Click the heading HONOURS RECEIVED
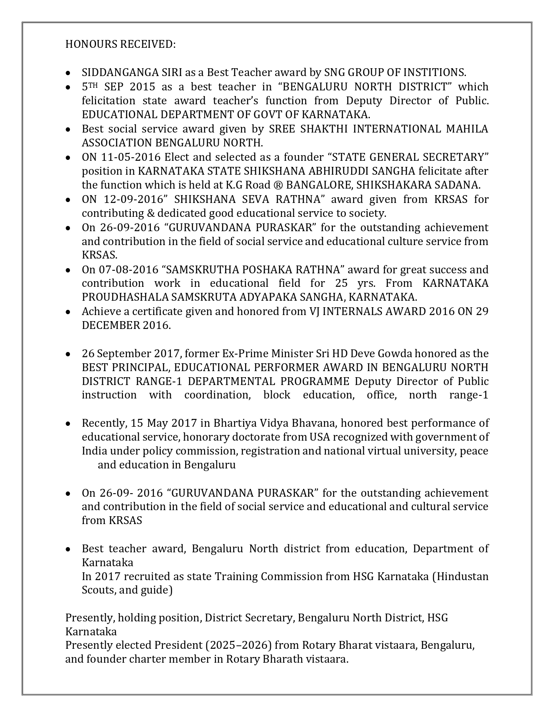pos(120,44)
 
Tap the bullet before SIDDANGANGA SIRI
pos(68,73)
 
